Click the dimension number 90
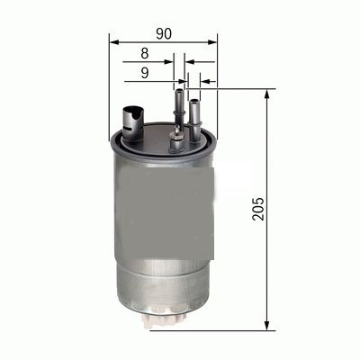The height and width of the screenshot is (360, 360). pyautogui.click(x=163, y=33)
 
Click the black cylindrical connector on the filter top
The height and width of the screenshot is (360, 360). pyautogui.click(x=131, y=118)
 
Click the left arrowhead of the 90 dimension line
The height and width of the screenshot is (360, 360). pyautogui.click(x=112, y=42)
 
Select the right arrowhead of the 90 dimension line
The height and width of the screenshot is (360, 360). pyautogui.click(x=214, y=42)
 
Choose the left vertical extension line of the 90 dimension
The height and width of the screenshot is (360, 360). pyautogui.click(x=109, y=81)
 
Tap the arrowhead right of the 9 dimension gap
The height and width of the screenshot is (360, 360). pyautogui.click(x=204, y=80)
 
